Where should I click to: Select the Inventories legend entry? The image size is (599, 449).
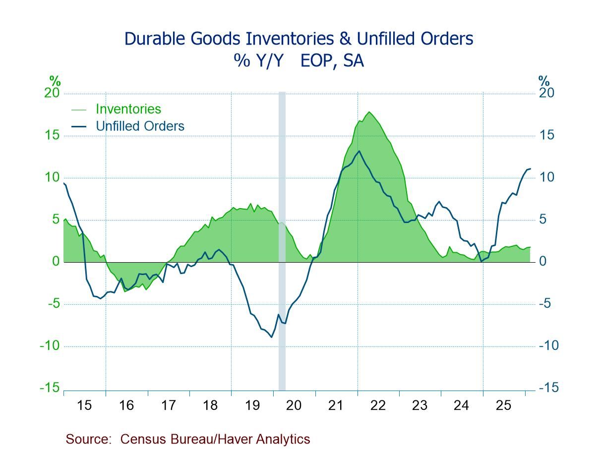pos(128,109)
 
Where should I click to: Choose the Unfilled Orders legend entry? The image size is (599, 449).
pos(140,126)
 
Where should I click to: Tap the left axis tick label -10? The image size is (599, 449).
pos(50,346)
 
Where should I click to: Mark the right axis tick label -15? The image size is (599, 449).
pos(548,388)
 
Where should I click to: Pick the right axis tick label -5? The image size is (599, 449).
pos(548,304)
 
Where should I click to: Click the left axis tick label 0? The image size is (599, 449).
pos(56,262)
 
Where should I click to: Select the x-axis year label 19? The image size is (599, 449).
pos(252,405)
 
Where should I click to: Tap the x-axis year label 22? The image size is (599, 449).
pos(378,405)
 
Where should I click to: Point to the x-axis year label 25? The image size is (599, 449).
pos(504,405)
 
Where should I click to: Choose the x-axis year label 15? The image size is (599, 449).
pos(84,405)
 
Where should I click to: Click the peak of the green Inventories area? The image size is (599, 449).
pos(369,112)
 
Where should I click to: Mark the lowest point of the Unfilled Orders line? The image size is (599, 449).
pos(271,337)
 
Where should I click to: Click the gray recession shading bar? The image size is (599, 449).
pos(282,238)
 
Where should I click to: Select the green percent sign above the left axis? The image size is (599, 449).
pos(55,81)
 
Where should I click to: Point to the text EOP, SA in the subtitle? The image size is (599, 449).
pos(332,61)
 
